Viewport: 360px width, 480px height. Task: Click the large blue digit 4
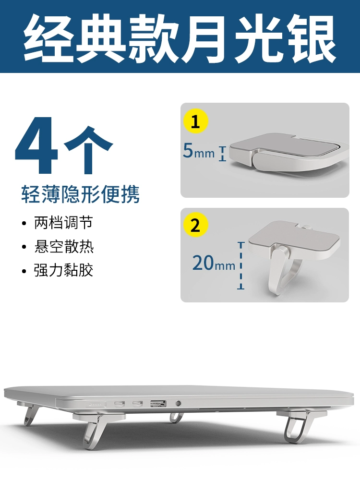coord(36,145)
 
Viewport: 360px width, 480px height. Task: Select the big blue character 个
coord(88,150)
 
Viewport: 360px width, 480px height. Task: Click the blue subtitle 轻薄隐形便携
coord(80,194)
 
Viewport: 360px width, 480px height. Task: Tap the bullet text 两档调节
coord(63,223)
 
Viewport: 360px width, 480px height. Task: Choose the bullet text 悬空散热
coord(63,246)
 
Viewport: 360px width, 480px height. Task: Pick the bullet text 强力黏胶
coord(63,270)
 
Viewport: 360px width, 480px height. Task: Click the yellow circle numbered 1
coord(195,121)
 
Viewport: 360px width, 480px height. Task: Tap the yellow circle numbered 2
coord(195,225)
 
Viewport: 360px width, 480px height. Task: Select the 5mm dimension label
coord(199,151)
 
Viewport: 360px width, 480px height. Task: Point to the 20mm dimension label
coord(214,263)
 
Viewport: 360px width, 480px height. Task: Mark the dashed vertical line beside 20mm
coord(241,265)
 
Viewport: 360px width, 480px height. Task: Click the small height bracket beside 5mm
coord(223,154)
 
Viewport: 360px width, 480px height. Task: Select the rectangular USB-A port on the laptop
coord(158,404)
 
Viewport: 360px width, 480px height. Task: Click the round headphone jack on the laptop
coord(178,404)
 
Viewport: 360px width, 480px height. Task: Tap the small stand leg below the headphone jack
coord(176,417)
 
